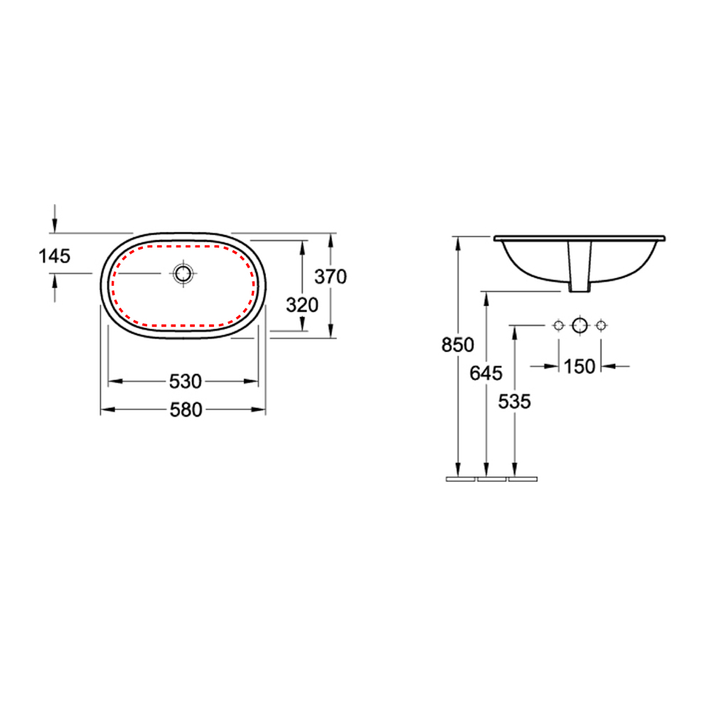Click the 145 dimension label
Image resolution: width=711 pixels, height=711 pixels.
tap(55, 256)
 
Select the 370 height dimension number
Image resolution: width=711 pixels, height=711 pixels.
tap(331, 277)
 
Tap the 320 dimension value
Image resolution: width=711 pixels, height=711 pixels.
tap(301, 305)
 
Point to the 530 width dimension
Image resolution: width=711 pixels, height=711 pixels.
tap(185, 382)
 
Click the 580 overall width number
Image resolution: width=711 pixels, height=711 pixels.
tap(185, 410)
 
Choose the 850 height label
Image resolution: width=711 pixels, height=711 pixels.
tap(457, 345)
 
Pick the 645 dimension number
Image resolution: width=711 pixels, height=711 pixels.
tap(486, 372)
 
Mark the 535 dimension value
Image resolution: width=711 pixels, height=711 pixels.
tap(514, 401)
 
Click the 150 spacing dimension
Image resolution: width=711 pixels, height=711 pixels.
tap(579, 366)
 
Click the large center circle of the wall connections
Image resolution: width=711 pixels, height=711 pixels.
tap(579, 326)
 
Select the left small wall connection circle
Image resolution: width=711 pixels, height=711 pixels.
tap(558, 326)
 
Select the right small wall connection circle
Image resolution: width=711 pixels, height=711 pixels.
tap(601, 326)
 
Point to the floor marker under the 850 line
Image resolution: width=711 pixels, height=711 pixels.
tap(460, 479)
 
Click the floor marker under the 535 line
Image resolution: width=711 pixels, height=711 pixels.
tap(523, 479)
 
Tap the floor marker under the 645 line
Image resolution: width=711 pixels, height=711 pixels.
tap(491, 479)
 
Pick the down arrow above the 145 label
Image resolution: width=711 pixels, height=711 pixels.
tap(55, 226)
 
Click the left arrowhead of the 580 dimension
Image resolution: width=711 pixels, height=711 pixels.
tap(106, 410)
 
